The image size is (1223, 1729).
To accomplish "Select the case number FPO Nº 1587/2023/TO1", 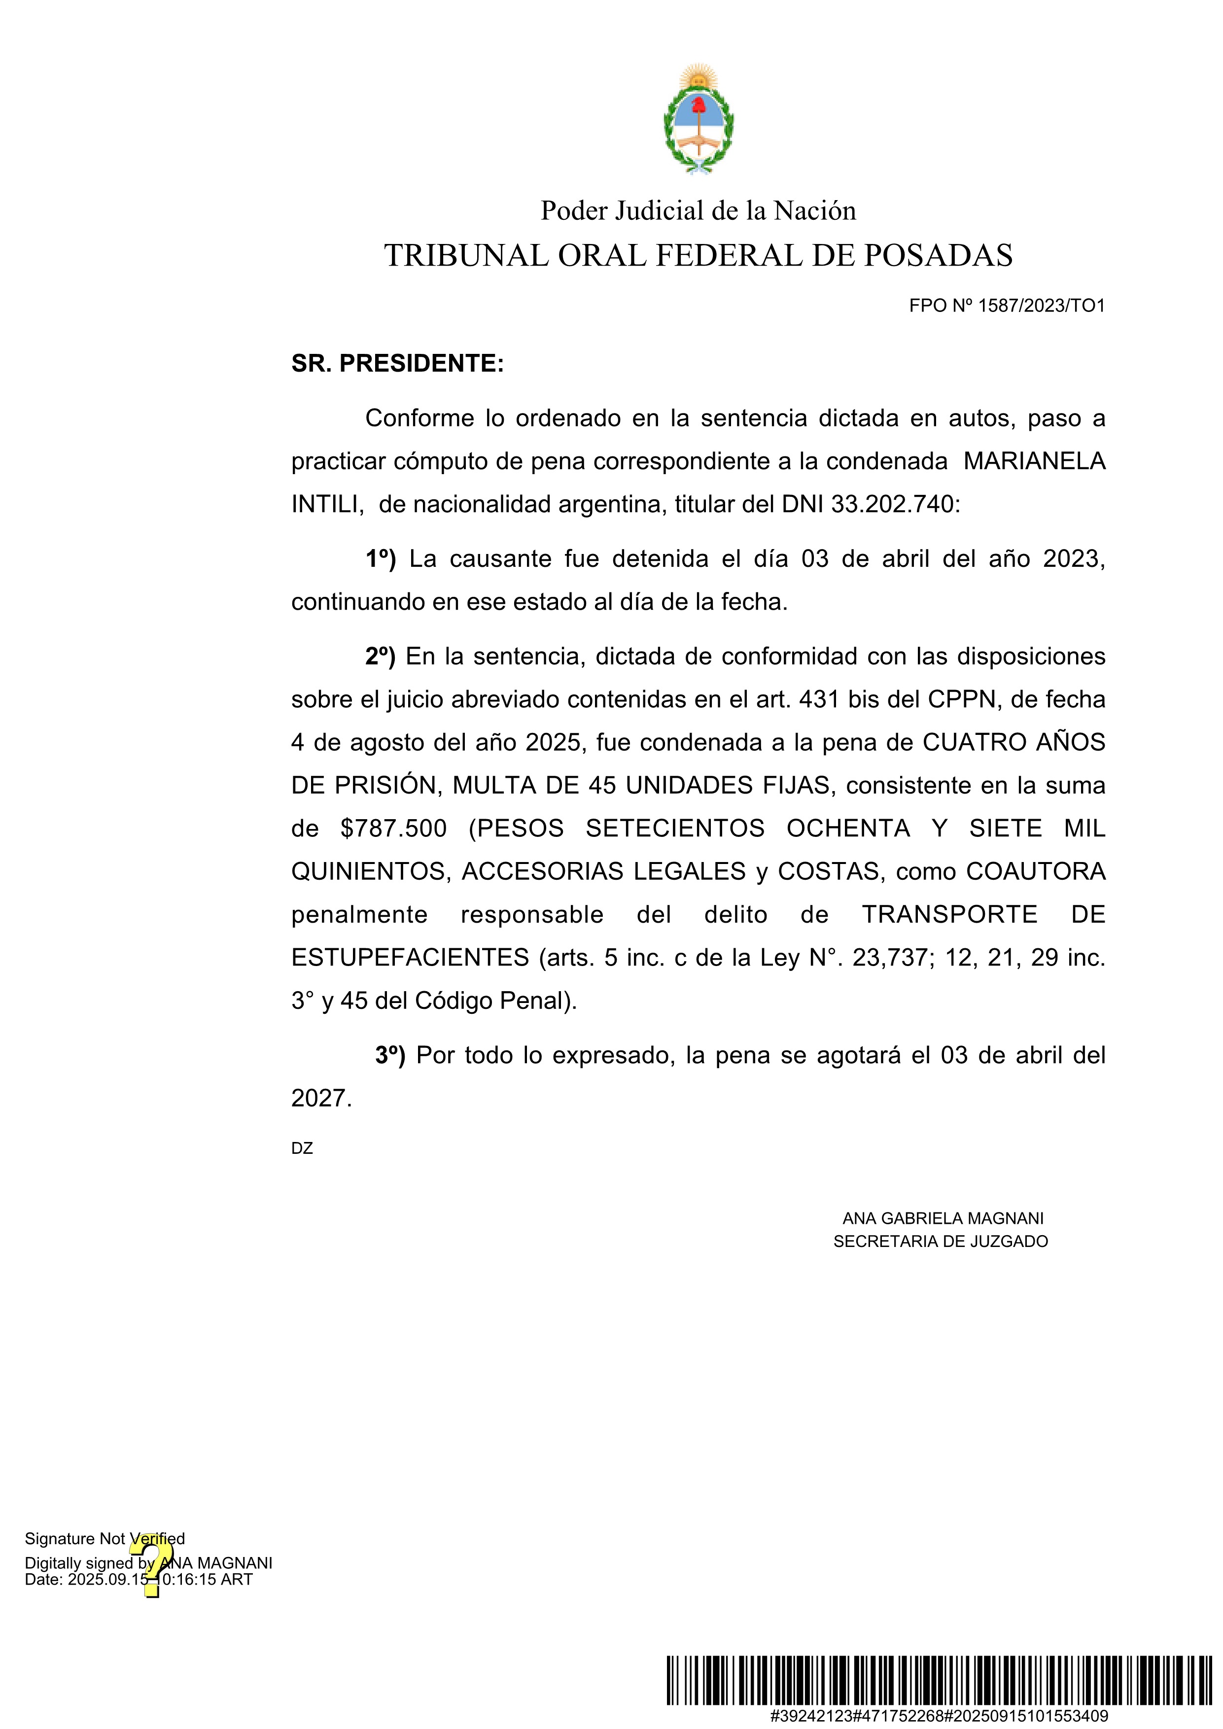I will point(1007,306).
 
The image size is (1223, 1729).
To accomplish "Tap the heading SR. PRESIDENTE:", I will point(398,364).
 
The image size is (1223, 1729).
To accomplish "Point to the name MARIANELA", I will point(1034,461).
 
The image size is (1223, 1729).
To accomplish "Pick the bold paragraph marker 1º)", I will point(380,559).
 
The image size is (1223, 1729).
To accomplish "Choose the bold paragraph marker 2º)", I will point(380,657).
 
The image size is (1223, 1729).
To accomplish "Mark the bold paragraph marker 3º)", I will point(390,1056).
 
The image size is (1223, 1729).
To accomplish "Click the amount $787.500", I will point(393,829).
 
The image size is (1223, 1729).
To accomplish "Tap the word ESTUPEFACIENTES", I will point(411,957).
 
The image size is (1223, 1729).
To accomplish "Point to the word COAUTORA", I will point(1036,871).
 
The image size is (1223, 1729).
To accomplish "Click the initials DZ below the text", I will point(302,1148).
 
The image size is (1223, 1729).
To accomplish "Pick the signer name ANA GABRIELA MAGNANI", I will point(943,1218).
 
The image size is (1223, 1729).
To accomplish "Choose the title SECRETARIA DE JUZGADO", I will point(941,1241).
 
